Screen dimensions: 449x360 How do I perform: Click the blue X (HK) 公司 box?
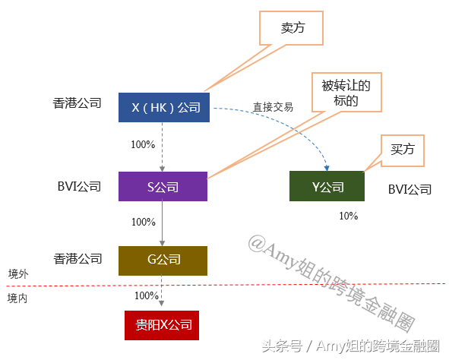[164, 107]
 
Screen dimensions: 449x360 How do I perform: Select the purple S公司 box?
[163, 186]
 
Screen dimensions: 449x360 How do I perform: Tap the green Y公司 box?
[327, 186]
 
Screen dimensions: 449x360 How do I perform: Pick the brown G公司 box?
[163, 261]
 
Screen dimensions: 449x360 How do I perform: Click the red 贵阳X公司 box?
[162, 325]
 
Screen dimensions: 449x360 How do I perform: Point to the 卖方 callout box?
[292, 28]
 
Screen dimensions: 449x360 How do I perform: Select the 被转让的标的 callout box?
[346, 92]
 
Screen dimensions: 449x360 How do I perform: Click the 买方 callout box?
[403, 150]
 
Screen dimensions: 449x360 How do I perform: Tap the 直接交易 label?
[273, 107]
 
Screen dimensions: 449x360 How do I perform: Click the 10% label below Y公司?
[349, 216]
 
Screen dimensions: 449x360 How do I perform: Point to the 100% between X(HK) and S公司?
[143, 144]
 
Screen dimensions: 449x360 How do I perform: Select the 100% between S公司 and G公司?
[144, 222]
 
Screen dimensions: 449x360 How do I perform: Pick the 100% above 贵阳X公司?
[147, 295]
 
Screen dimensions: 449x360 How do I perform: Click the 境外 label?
[18, 274]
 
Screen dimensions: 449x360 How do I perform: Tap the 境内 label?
[17, 298]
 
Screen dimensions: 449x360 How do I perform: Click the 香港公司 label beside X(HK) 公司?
[77, 103]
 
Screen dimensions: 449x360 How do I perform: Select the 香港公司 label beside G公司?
[78, 259]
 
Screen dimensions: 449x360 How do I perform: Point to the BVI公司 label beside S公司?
[79, 186]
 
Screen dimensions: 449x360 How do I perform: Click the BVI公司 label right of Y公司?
[409, 189]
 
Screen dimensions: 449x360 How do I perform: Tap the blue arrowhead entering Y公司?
[327, 168]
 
